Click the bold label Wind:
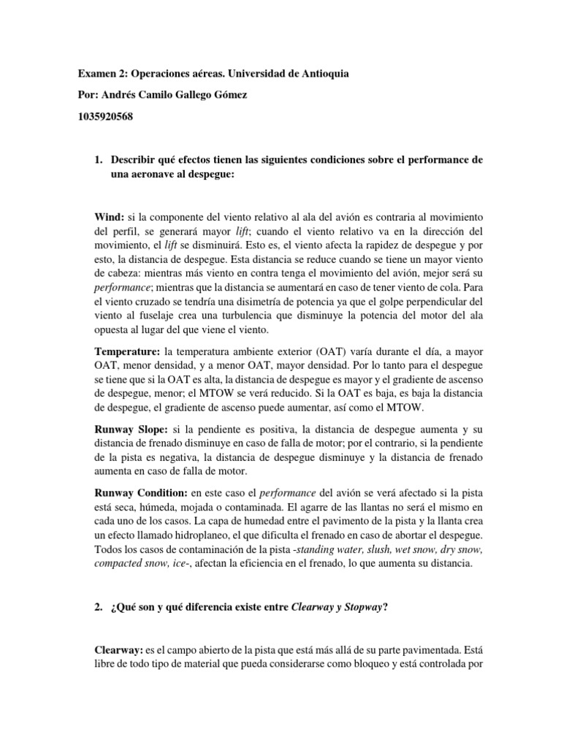109,218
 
